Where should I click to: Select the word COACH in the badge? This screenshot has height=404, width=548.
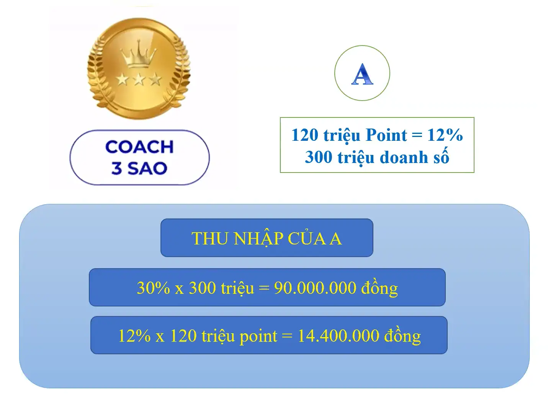coord(139,147)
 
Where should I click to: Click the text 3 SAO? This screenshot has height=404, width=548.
coord(139,168)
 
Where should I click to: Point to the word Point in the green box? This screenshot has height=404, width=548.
coord(386,135)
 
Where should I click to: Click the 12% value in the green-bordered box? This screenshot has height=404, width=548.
coord(445,135)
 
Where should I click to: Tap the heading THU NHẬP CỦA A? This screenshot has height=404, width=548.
coord(267,238)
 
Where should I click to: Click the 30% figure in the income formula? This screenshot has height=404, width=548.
coord(153,288)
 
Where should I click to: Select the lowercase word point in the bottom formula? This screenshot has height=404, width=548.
coord(258,336)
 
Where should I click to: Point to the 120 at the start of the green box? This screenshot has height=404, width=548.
coord(304,135)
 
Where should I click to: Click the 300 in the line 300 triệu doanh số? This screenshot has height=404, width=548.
coord(318,157)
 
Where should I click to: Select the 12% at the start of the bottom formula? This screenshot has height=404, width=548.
coord(134,336)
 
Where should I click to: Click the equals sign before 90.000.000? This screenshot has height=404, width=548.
coord(264,288)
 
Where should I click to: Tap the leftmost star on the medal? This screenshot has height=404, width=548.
coord(123,80)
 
